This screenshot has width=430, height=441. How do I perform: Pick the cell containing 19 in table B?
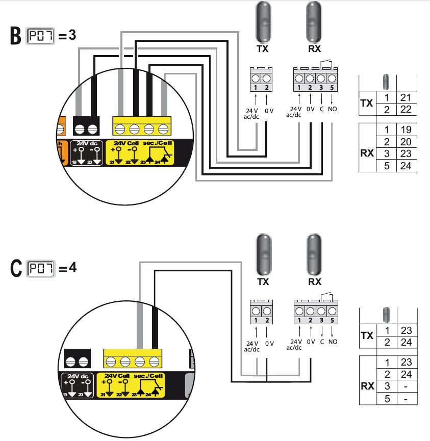point(407,129)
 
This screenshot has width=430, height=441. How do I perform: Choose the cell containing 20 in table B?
point(407,141)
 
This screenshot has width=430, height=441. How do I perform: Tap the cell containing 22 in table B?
point(407,109)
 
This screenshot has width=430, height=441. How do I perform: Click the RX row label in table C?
point(367,386)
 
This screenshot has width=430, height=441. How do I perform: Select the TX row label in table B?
point(366,103)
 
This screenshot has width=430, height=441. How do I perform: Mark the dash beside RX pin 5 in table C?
point(407,398)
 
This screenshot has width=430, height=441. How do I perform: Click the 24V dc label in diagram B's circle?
point(86,144)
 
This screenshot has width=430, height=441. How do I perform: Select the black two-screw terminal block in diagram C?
point(78,358)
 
